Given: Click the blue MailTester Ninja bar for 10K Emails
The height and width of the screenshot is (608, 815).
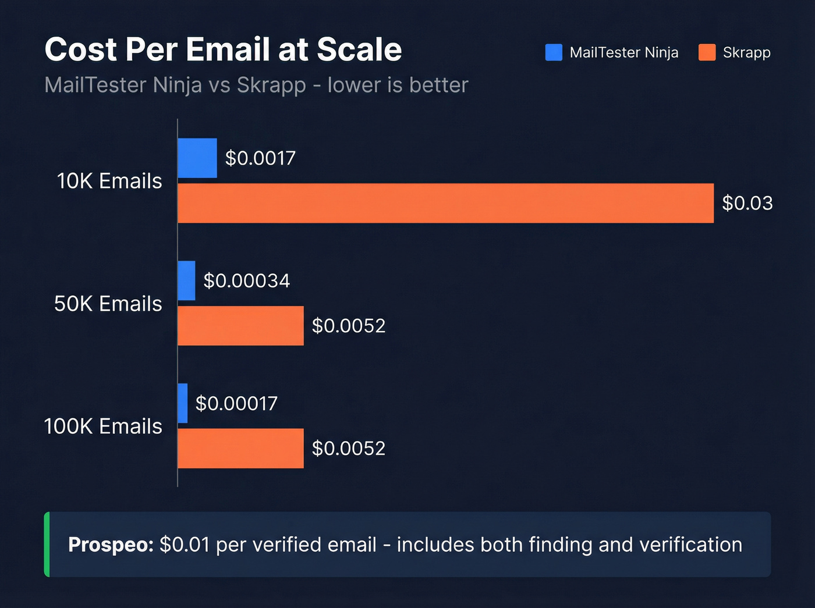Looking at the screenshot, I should pos(197,158).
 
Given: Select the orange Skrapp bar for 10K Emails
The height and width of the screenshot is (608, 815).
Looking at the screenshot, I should pos(445,203).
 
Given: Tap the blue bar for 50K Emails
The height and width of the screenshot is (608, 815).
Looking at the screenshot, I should pos(186,280).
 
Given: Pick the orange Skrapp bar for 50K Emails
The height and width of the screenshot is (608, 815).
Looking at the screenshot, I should pos(240,326).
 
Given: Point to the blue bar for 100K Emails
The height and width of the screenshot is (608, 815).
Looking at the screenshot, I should pos(183,403).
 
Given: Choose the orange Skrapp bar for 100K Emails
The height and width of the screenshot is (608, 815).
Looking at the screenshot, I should pos(240,449).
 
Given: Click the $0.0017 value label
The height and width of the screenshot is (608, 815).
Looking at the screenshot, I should pos(260,158).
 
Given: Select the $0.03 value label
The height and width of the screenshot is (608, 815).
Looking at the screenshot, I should pos(747,203).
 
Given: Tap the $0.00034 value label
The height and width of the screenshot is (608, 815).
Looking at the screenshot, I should pos(247,281).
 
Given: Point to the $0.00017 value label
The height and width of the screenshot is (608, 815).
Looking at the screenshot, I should pos(236,404).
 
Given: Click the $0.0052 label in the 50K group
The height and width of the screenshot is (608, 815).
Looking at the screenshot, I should pos(349,326).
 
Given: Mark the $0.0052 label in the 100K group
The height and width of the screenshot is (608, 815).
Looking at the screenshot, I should pos(349,449).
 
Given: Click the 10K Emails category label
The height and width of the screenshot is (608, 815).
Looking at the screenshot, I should pos(109,181).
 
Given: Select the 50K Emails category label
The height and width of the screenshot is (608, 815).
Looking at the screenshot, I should pos(108,304).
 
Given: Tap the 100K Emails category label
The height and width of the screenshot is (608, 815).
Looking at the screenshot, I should pos(103,426).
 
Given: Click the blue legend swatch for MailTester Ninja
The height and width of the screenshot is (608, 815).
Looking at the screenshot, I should pos(554,52).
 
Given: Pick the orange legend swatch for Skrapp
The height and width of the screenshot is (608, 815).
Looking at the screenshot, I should pos(707,52).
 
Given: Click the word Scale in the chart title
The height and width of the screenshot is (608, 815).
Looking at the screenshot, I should pos(359,49).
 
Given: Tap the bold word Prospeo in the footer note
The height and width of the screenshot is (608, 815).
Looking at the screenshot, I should pos(111,545).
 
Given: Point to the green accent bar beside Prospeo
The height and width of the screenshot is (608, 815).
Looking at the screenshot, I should pos(47,545).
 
